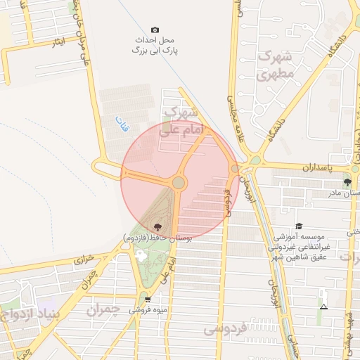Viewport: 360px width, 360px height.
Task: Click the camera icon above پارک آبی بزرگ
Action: point(155,30)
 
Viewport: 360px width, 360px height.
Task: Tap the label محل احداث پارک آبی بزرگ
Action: point(155,46)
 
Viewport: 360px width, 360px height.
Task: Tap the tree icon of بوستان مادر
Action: point(347,183)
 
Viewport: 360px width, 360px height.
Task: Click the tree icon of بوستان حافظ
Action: point(156,227)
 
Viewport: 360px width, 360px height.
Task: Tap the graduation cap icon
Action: point(299,226)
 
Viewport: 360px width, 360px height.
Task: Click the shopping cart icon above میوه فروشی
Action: point(148,300)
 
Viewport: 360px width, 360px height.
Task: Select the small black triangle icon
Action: point(323,307)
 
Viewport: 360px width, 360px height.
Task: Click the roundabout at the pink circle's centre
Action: point(179,183)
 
